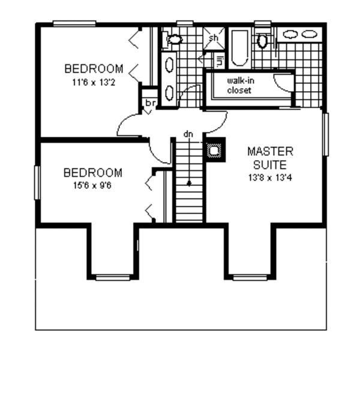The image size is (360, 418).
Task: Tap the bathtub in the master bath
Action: click(239, 47)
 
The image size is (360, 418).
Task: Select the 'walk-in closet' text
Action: click(239, 86)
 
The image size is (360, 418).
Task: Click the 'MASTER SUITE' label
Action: click(270, 157)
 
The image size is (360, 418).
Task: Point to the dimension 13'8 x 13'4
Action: click(270, 178)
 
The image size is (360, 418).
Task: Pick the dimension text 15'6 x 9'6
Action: click(92, 186)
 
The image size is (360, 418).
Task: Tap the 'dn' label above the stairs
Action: click(188, 134)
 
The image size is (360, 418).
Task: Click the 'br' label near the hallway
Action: click(149, 103)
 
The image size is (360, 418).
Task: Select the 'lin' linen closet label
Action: click(218, 60)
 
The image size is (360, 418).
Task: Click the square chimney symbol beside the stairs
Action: click(214, 150)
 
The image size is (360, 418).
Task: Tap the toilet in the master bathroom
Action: click(262, 41)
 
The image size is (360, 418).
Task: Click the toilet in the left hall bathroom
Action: click(175, 40)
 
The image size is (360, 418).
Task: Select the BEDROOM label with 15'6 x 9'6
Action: click(92, 173)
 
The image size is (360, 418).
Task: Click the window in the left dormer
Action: click(113, 277)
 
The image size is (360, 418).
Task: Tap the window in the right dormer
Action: click(250, 277)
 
